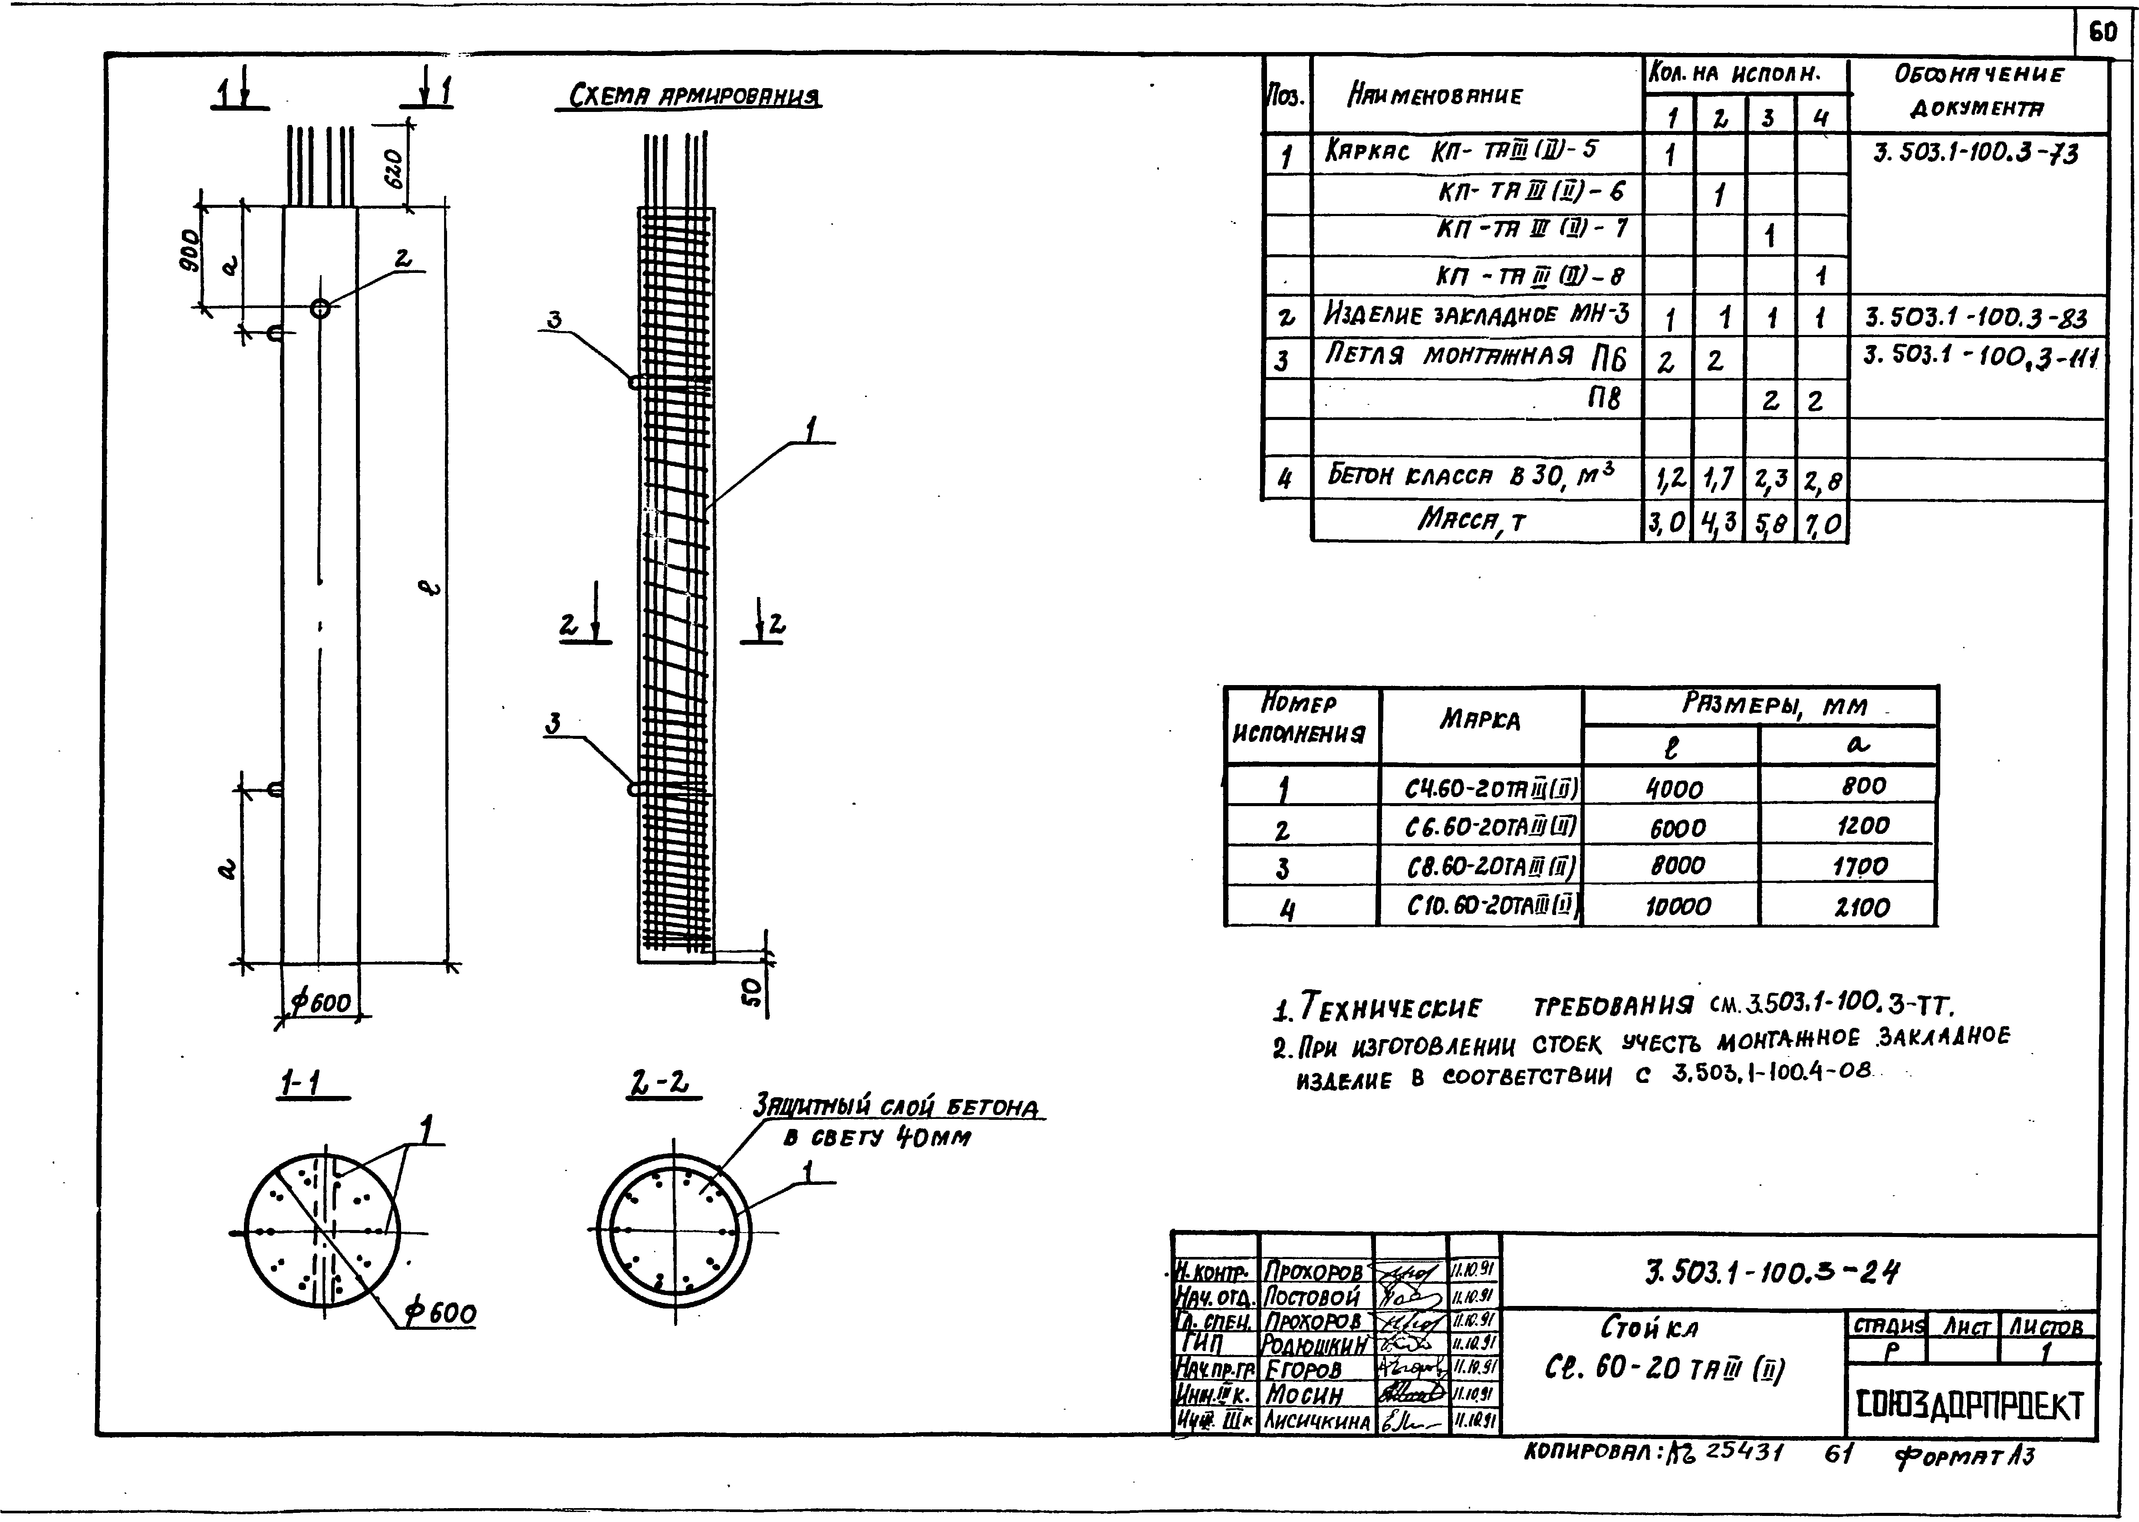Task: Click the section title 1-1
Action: coord(300,1085)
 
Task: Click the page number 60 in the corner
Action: coord(2102,33)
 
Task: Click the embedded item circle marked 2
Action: coord(321,308)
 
